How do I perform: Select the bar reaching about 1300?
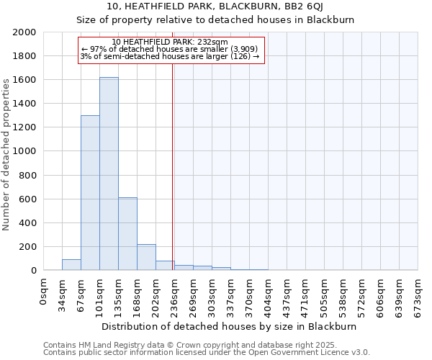pos(90,193)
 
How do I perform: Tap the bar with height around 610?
pos(127,234)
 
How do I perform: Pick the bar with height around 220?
pos(146,257)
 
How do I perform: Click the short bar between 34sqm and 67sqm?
pos(71,265)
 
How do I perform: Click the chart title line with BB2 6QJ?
pos(215,7)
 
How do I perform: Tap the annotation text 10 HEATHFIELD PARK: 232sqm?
pos(171,42)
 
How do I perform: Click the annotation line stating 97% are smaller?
pos(171,49)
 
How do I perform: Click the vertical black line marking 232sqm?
pos(173,166)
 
